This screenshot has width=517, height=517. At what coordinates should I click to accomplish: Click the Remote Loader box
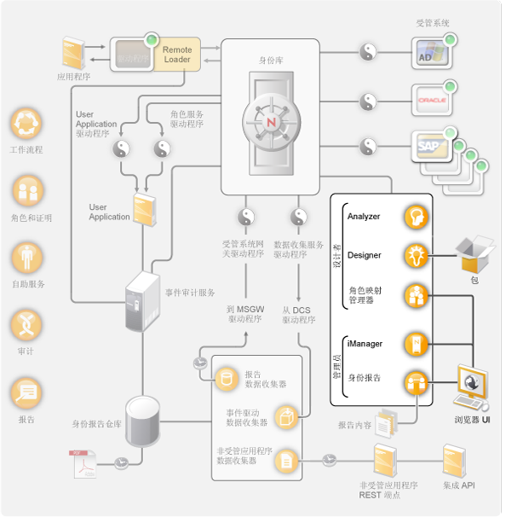click(x=177, y=55)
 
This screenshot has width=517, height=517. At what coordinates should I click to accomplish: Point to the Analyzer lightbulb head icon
click(x=415, y=217)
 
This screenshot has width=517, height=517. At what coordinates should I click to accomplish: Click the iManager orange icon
click(x=415, y=344)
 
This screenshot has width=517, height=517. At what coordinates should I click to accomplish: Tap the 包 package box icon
click(x=474, y=253)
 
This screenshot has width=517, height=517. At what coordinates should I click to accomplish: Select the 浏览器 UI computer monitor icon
click(x=471, y=386)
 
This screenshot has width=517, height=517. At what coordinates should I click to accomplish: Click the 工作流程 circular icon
click(x=26, y=125)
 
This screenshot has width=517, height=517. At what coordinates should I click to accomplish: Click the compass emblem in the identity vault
click(x=270, y=121)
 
